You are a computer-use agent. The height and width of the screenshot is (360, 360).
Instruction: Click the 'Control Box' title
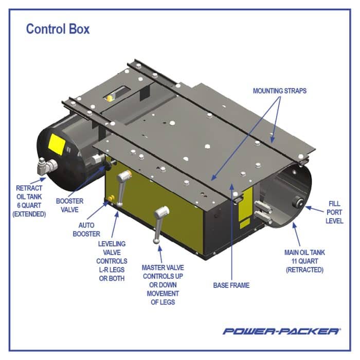pos(58,29)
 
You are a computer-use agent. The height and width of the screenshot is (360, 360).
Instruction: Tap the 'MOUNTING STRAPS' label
pos(279,91)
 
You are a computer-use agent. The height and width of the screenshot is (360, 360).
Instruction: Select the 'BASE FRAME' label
pos(231,285)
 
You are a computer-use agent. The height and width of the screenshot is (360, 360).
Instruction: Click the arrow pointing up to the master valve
pos(160,251)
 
